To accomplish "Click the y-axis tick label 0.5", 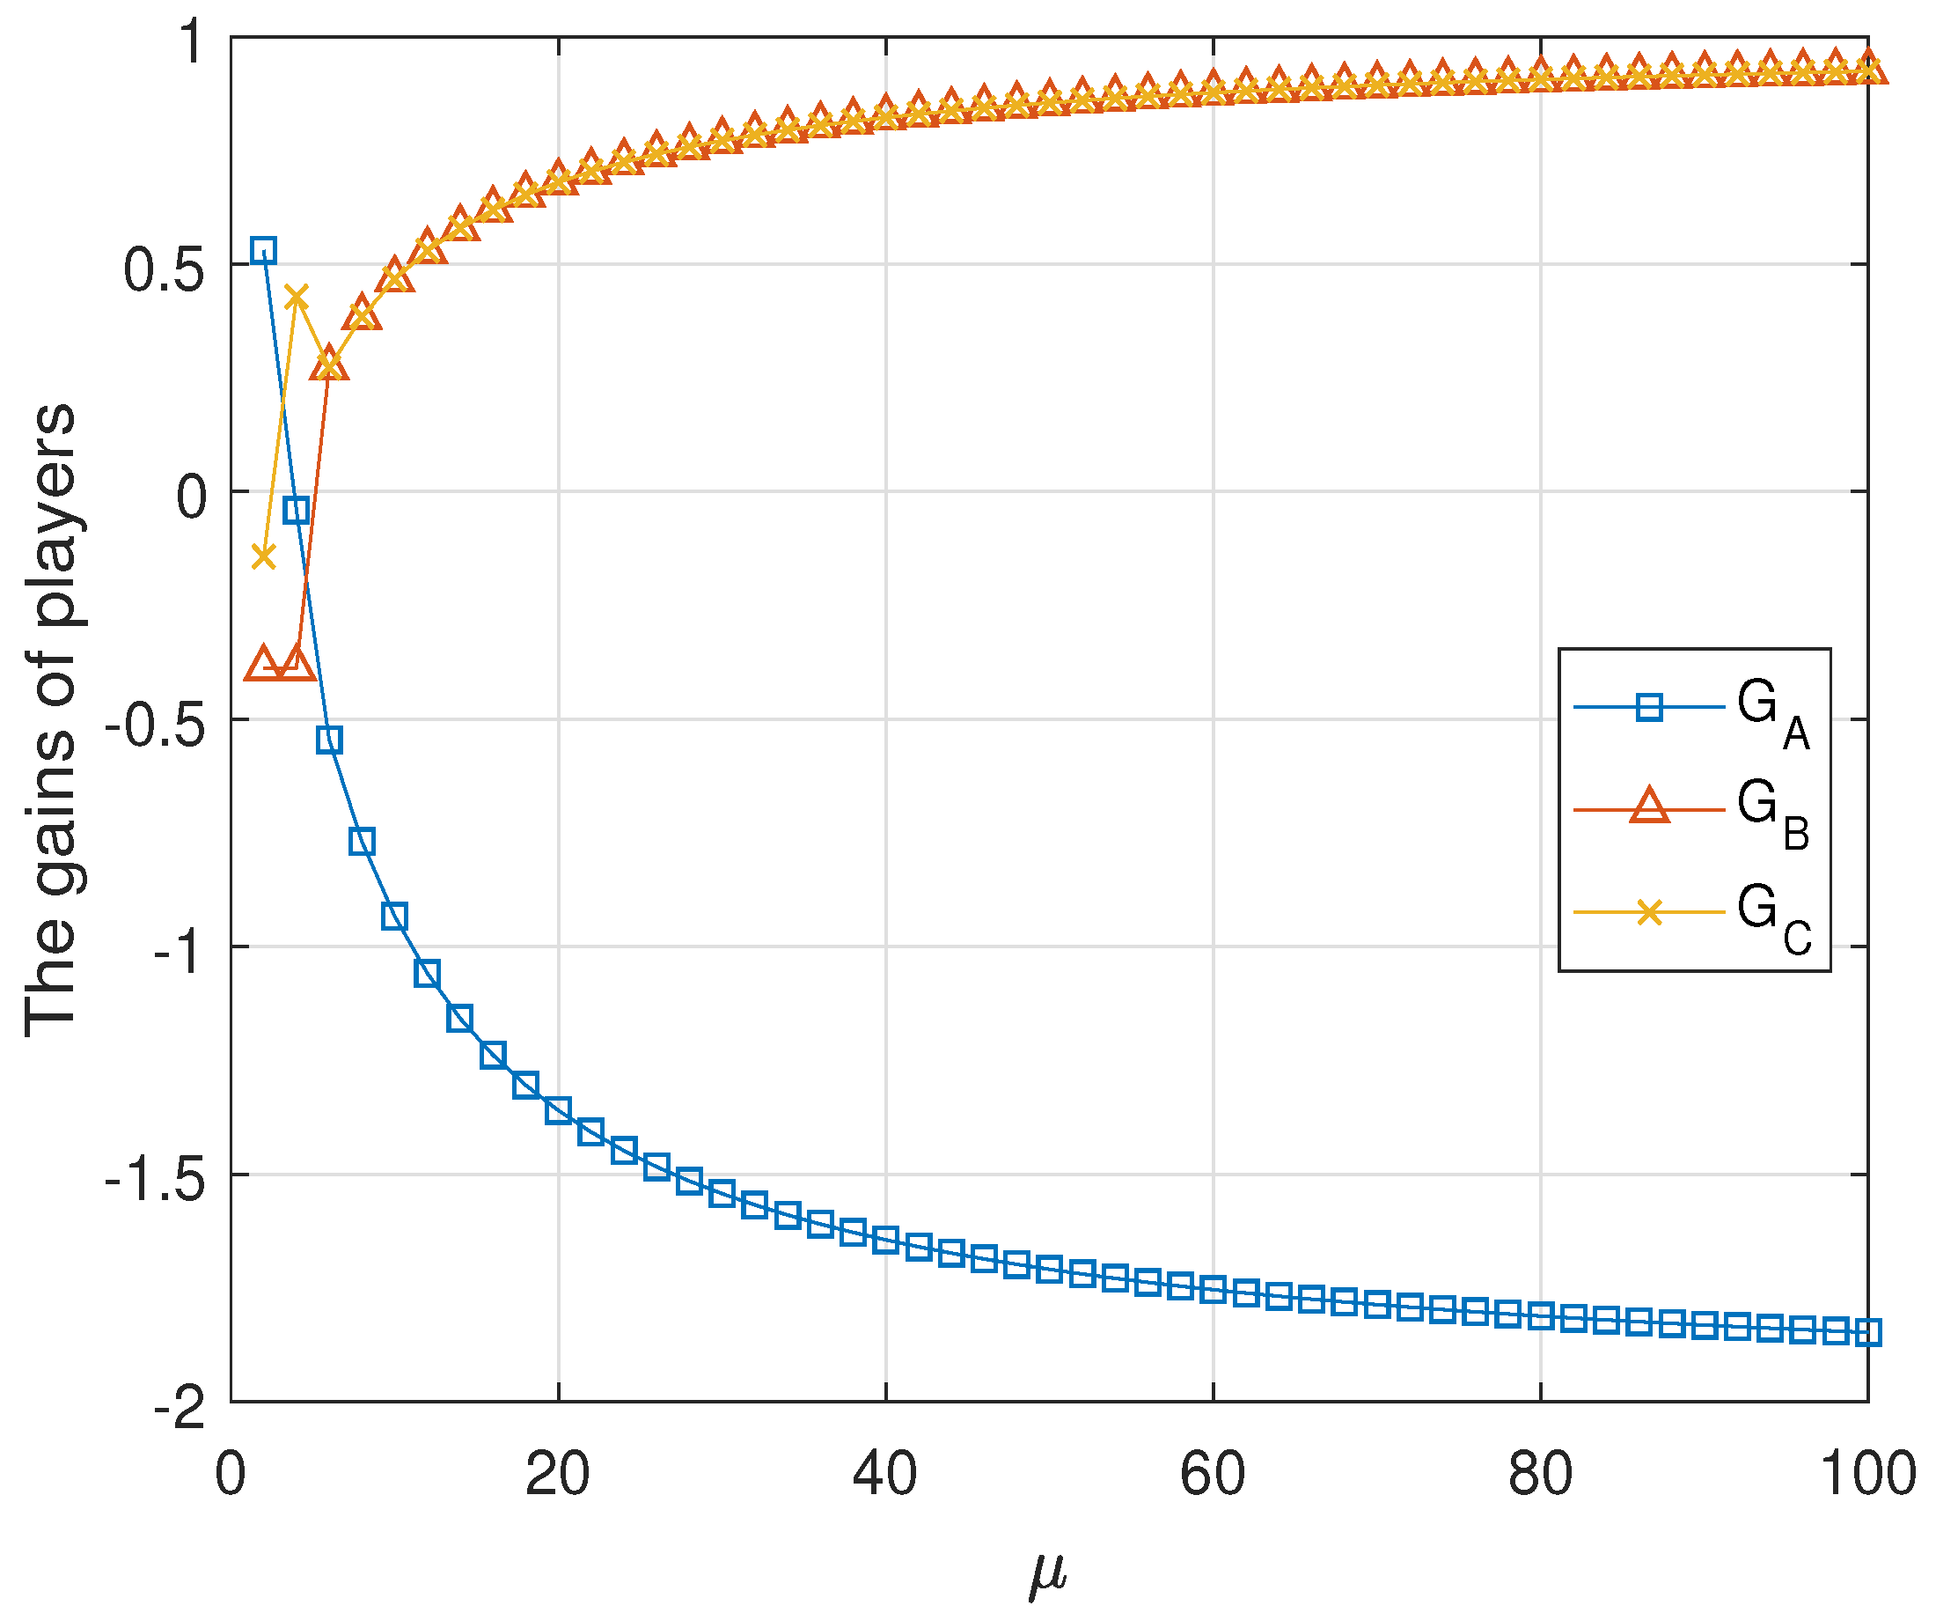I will (x=163, y=272).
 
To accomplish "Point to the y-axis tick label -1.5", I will (x=154, y=1182).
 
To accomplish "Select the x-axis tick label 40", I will (x=884, y=1474).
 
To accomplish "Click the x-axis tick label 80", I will (x=1540, y=1474).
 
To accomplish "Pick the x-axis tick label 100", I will (x=1866, y=1474).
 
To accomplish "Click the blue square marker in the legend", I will (x=1649, y=707).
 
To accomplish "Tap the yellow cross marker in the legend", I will (x=1649, y=913).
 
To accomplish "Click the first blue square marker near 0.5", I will (x=264, y=250).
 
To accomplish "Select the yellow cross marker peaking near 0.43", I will (x=296, y=297).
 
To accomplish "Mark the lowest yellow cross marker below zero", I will (x=264, y=556).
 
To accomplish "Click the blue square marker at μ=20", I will (x=558, y=1110).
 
